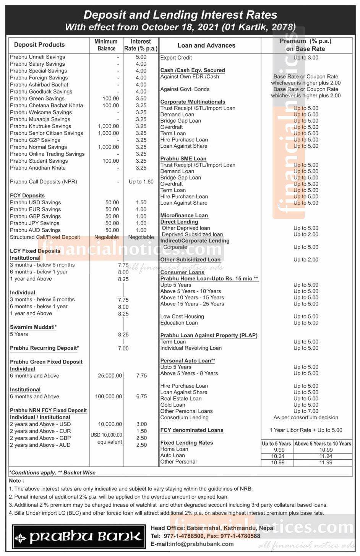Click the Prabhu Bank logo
click(x=79, y=537)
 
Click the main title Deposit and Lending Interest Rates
click(x=180, y=15)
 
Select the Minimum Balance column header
click(x=106, y=45)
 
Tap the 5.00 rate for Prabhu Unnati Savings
click(x=141, y=57)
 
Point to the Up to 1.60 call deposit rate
click(x=141, y=182)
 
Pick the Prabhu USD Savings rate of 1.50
click(x=141, y=202)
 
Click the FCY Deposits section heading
click(x=28, y=196)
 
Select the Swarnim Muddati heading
click(x=33, y=327)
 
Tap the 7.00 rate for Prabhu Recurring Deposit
click(x=123, y=348)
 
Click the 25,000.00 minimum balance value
click(x=110, y=376)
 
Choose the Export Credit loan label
click(x=176, y=58)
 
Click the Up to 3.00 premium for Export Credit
click(x=306, y=58)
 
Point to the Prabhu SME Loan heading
click(x=183, y=158)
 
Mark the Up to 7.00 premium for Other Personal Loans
click(x=306, y=411)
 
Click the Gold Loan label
click(x=173, y=405)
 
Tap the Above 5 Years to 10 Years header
click(x=323, y=443)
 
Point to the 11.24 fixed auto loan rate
click(x=326, y=456)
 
